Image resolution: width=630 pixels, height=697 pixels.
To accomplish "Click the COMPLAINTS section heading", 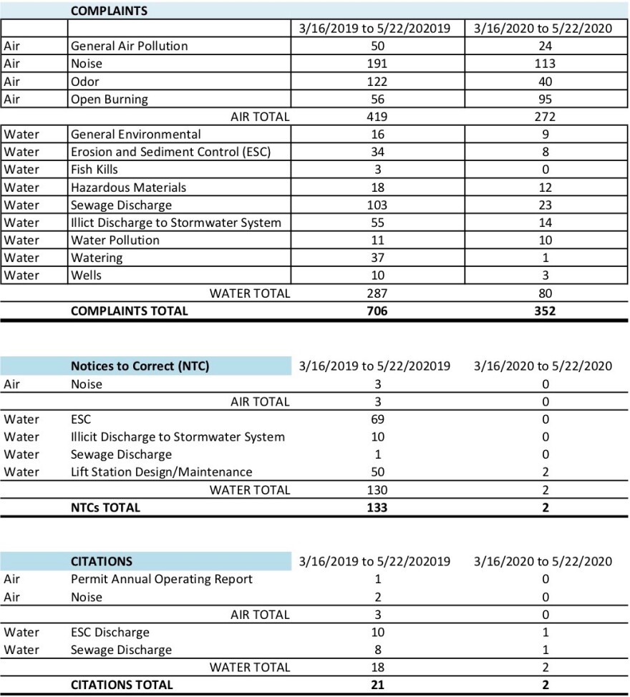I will (x=109, y=11).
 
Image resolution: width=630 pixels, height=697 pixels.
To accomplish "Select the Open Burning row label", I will (x=109, y=99).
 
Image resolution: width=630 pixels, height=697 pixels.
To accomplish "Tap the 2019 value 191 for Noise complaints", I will (x=377, y=64).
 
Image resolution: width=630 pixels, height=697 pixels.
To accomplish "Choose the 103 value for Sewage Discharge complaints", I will (x=377, y=205).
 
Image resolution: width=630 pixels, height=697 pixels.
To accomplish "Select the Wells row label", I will (x=86, y=276).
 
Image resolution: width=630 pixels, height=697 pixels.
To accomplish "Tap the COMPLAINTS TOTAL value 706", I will (x=377, y=311).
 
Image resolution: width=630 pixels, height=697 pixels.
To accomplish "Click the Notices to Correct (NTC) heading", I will (x=140, y=366).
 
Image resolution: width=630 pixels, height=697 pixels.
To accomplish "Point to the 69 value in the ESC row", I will (x=377, y=419).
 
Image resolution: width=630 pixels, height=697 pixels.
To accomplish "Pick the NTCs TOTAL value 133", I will (x=377, y=508).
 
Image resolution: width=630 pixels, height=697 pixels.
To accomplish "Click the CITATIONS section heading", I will (x=101, y=562).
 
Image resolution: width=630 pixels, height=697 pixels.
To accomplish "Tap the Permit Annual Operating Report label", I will (x=161, y=579).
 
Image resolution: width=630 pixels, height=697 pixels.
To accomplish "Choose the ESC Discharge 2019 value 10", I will (x=377, y=633).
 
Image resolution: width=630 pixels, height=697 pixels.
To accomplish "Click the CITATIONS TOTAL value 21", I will (x=377, y=686).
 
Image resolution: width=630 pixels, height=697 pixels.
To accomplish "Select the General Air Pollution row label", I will (x=129, y=46).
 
